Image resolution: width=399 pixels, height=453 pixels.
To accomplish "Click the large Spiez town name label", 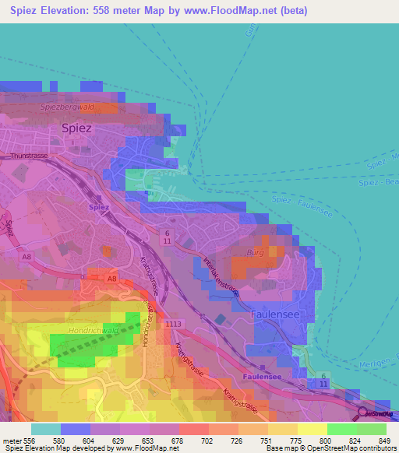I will click(x=76, y=128).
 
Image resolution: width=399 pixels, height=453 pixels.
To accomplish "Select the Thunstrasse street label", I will click(x=29, y=156).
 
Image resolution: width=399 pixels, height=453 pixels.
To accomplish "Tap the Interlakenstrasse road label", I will click(x=221, y=276).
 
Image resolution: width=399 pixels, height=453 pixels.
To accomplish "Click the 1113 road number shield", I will click(x=173, y=323).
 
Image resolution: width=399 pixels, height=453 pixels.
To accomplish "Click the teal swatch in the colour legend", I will click(x=45, y=429).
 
